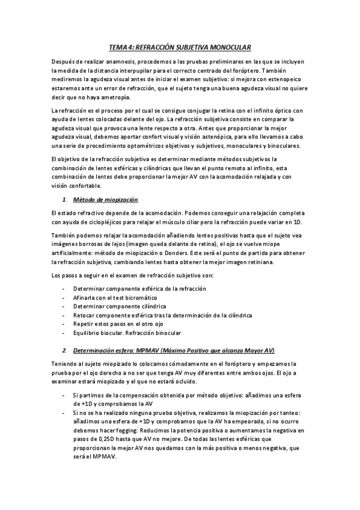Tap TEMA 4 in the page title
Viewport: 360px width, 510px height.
pos(123,47)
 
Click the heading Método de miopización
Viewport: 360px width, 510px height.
pos(105,199)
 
